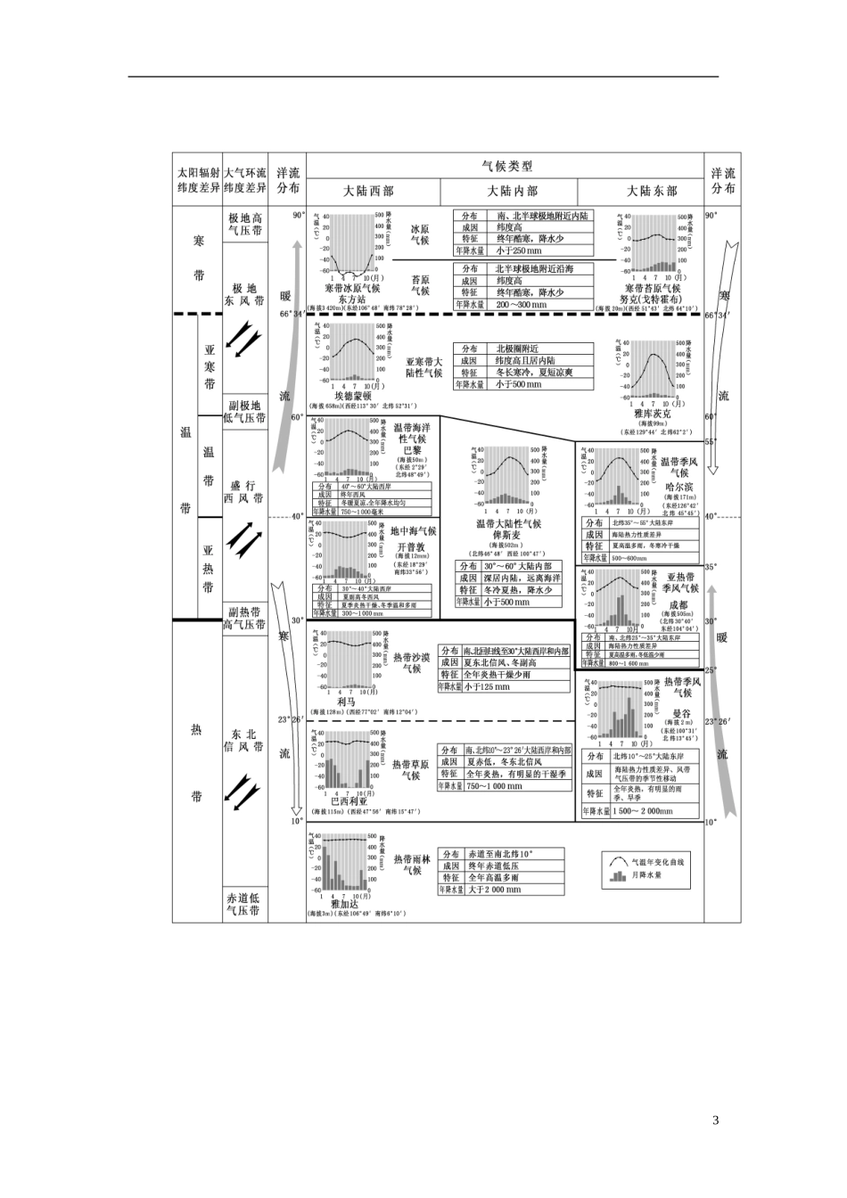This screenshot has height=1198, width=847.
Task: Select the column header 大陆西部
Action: [x=368, y=191]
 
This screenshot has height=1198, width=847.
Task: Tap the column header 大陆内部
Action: [x=513, y=191]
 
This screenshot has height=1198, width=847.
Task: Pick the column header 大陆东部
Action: [x=651, y=191]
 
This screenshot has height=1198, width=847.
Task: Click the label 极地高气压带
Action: [x=245, y=224]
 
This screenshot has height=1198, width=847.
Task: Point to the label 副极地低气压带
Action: [x=245, y=412]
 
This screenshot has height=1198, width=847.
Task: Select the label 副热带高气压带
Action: [x=245, y=619]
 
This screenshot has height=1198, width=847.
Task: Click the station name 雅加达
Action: [x=344, y=904]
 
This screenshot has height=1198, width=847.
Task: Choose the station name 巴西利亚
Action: [x=348, y=800]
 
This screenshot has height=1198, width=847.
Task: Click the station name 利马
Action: [x=346, y=702]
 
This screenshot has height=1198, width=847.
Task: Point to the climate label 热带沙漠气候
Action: [x=411, y=662]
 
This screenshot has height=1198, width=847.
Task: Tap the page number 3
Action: [x=715, y=1120]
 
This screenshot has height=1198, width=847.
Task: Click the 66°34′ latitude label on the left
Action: [x=292, y=314]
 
